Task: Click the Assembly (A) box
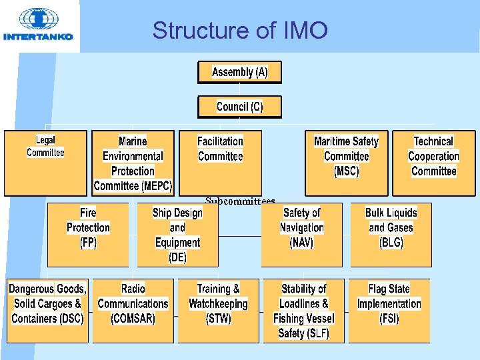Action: click(x=239, y=72)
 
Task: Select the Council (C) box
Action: click(x=239, y=107)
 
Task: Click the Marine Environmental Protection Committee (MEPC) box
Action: click(x=133, y=163)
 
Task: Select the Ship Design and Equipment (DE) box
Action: click(x=177, y=234)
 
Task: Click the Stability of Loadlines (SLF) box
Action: click(x=303, y=310)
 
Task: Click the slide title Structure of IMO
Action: click(x=240, y=30)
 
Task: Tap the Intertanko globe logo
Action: click(x=38, y=20)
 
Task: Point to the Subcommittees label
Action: click(x=240, y=200)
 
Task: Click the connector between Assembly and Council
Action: click(x=239, y=89)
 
